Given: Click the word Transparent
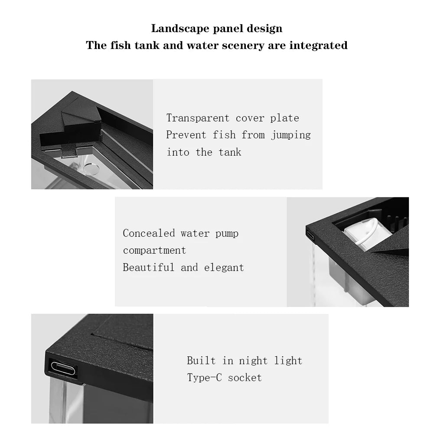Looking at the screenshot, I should [198, 118].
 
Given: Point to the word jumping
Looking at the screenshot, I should [291, 135].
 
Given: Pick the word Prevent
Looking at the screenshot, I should [186, 135].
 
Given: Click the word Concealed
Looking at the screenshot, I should [149, 233].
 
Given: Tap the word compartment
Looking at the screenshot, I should [154, 250].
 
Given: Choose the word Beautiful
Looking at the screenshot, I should [148, 268].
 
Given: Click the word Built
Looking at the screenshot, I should [201, 360].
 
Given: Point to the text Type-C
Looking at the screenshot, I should [204, 378].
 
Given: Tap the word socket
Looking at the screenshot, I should [245, 378].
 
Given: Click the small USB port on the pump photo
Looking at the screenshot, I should [310, 236].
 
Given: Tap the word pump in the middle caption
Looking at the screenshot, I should [227, 234].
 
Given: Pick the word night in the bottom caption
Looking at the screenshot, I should [254, 361].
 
